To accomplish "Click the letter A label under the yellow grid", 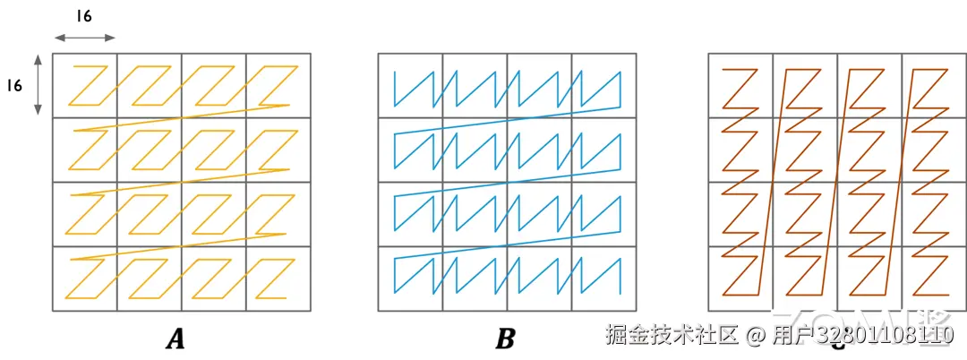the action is click(x=175, y=339).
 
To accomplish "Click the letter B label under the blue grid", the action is click(x=505, y=339).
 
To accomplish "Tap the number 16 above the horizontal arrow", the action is click(x=84, y=17).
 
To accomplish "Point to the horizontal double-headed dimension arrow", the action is click(x=84, y=38).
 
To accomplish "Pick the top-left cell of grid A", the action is click(x=85, y=86).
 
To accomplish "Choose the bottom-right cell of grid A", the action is click(x=278, y=279).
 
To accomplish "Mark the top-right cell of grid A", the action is click(x=278, y=86).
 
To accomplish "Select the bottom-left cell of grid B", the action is click(x=410, y=279).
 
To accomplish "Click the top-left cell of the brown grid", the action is click(x=740, y=86).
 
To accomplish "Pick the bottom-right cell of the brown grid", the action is click(x=933, y=279).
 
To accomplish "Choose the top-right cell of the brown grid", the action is click(x=933, y=86).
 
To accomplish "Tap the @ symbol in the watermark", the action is click(x=757, y=336).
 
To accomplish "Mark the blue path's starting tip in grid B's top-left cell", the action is click(x=395, y=71).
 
